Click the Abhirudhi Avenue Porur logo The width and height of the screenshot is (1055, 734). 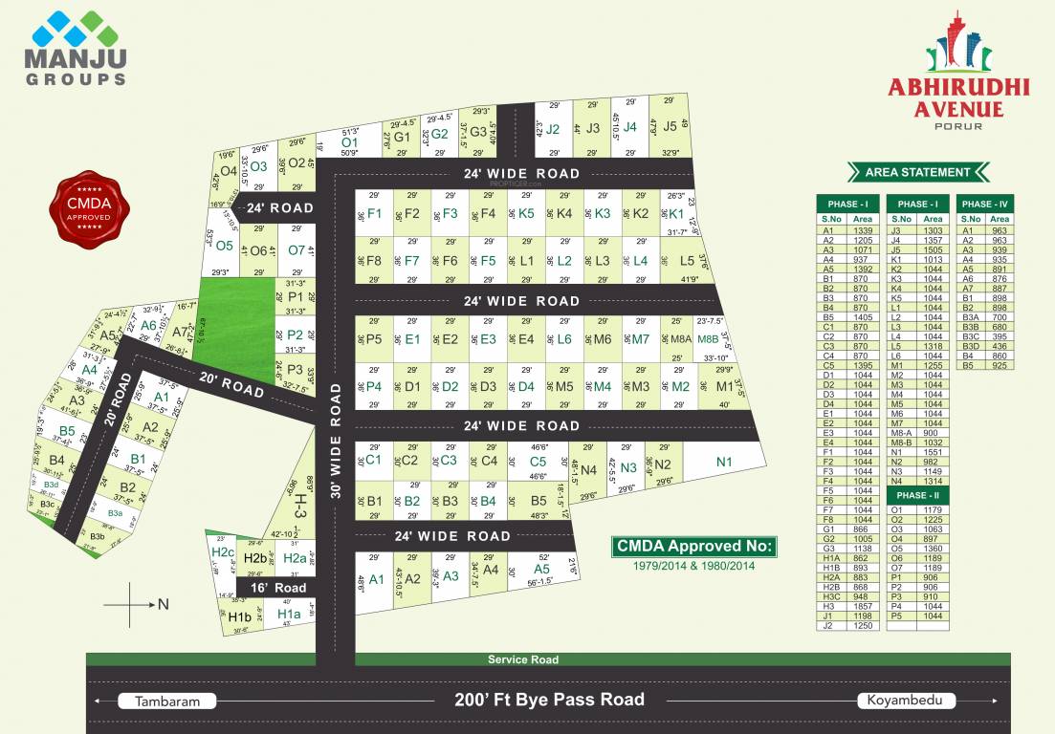pyautogui.click(x=958, y=72)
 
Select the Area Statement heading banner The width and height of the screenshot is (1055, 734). pyautogui.click(x=917, y=172)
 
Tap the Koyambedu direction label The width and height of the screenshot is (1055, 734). pyautogui.click(x=906, y=701)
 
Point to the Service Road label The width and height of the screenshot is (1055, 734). pyautogui.click(x=522, y=659)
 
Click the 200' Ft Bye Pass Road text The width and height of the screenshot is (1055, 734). pyautogui.click(x=549, y=700)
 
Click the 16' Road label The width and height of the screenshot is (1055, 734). pyautogui.click(x=278, y=588)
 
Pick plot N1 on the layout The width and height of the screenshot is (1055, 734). pyautogui.click(x=724, y=463)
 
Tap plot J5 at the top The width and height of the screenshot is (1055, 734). pyautogui.click(x=670, y=126)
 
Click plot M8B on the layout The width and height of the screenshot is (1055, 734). pyautogui.click(x=708, y=338)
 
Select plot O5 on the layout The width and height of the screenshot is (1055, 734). pyautogui.click(x=225, y=245)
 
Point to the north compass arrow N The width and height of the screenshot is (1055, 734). pyautogui.click(x=162, y=603)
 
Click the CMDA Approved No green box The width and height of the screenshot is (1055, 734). pyautogui.click(x=694, y=547)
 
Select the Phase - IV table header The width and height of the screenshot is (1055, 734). pyautogui.click(x=984, y=204)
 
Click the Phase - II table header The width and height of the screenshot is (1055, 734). pyautogui.click(x=917, y=495)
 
